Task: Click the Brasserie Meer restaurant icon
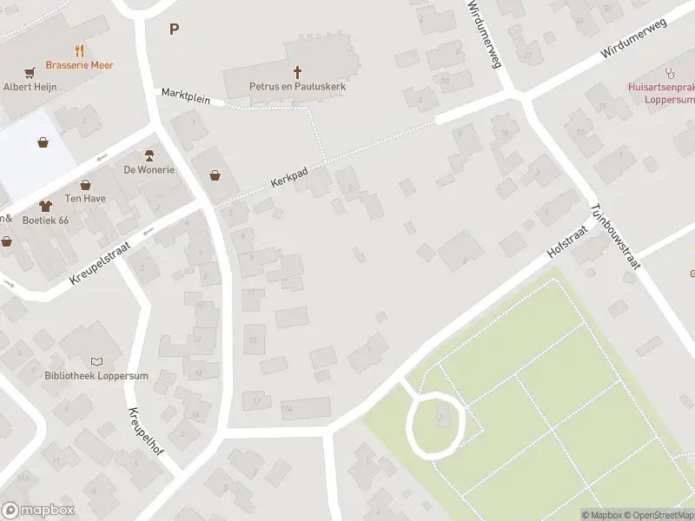[80, 50]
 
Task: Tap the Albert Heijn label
[30, 87]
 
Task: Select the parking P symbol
[174, 29]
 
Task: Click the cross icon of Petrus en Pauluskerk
[298, 72]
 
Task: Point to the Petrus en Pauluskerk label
[298, 88]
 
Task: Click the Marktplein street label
[186, 96]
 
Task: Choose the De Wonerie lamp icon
[149, 155]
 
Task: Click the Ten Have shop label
[85, 199]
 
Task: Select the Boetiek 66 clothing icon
[45, 206]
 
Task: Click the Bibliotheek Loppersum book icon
[96, 361]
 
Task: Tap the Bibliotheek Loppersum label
[83, 375]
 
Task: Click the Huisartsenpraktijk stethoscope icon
[669, 73]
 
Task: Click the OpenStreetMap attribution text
[656, 515]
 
